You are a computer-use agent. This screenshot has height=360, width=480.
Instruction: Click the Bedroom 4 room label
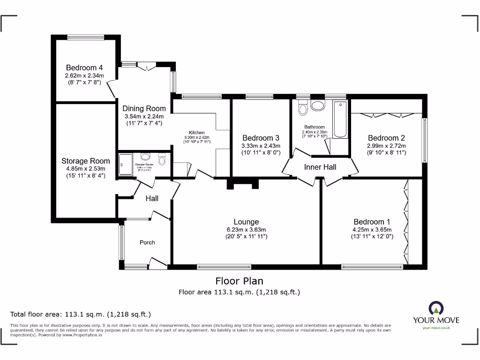pyautogui.click(x=84, y=67)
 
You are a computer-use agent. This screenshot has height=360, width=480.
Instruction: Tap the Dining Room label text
pyautogui.click(x=144, y=108)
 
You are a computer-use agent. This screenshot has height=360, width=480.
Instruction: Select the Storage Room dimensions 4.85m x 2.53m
pyautogui.click(x=86, y=169)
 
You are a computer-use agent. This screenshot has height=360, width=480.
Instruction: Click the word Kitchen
pyautogui.click(x=197, y=133)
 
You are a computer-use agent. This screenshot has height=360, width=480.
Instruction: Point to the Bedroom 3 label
pyautogui.click(x=261, y=138)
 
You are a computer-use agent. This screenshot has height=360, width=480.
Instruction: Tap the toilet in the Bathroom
pyautogui.click(x=302, y=108)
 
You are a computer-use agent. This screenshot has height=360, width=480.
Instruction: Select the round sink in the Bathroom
pyautogui.click(x=319, y=105)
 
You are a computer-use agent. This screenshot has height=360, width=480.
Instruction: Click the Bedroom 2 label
pyautogui.click(x=386, y=138)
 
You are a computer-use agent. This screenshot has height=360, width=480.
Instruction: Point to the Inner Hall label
pyautogui.click(x=320, y=167)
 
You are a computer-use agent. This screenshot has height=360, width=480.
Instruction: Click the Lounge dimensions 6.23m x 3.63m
pyautogui.click(x=246, y=230)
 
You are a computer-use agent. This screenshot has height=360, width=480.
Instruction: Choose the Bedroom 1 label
pyautogui.click(x=372, y=222)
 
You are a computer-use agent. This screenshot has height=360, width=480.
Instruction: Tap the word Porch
pyautogui.click(x=147, y=242)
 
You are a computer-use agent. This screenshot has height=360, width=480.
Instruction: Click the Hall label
pyautogui.click(x=152, y=198)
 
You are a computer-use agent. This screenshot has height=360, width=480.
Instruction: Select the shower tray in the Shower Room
pyautogui.click(x=126, y=164)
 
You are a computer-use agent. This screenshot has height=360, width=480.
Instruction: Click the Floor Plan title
pyautogui.click(x=239, y=281)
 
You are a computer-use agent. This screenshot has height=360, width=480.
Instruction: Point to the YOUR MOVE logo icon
pyautogui.click(x=436, y=308)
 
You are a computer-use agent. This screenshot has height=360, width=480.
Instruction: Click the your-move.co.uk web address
pyautogui.click(x=436, y=328)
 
